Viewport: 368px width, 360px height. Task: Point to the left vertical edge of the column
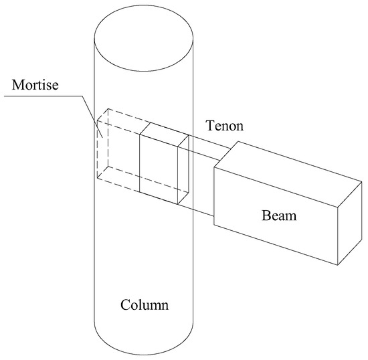click(94, 201)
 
